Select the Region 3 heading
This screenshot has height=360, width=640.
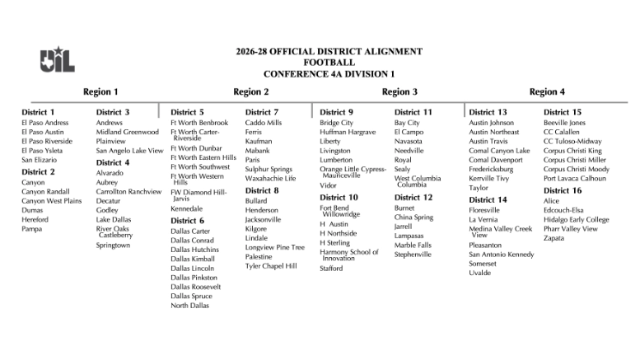coord(399,91)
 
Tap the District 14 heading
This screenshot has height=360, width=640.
coord(488,199)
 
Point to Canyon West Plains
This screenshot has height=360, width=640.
coord(51,201)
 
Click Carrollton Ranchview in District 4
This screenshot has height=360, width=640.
coord(128,191)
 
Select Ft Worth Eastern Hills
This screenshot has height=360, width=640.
coord(203,157)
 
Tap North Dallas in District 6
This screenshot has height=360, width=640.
coord(189,305)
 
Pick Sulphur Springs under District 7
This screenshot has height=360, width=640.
coord(269,169)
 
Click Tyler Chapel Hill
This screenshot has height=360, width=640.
coord(271,266)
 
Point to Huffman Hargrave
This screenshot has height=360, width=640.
coord(348,132)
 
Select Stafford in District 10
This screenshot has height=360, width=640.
coord(331,268)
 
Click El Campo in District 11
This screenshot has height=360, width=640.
coord(409,132)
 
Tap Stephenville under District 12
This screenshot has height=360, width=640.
coord(412,255)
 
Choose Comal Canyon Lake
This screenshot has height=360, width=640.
coord(499,151)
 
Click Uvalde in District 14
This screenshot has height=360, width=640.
coord(479,273)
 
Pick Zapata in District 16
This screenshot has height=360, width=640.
coord(554,238)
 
